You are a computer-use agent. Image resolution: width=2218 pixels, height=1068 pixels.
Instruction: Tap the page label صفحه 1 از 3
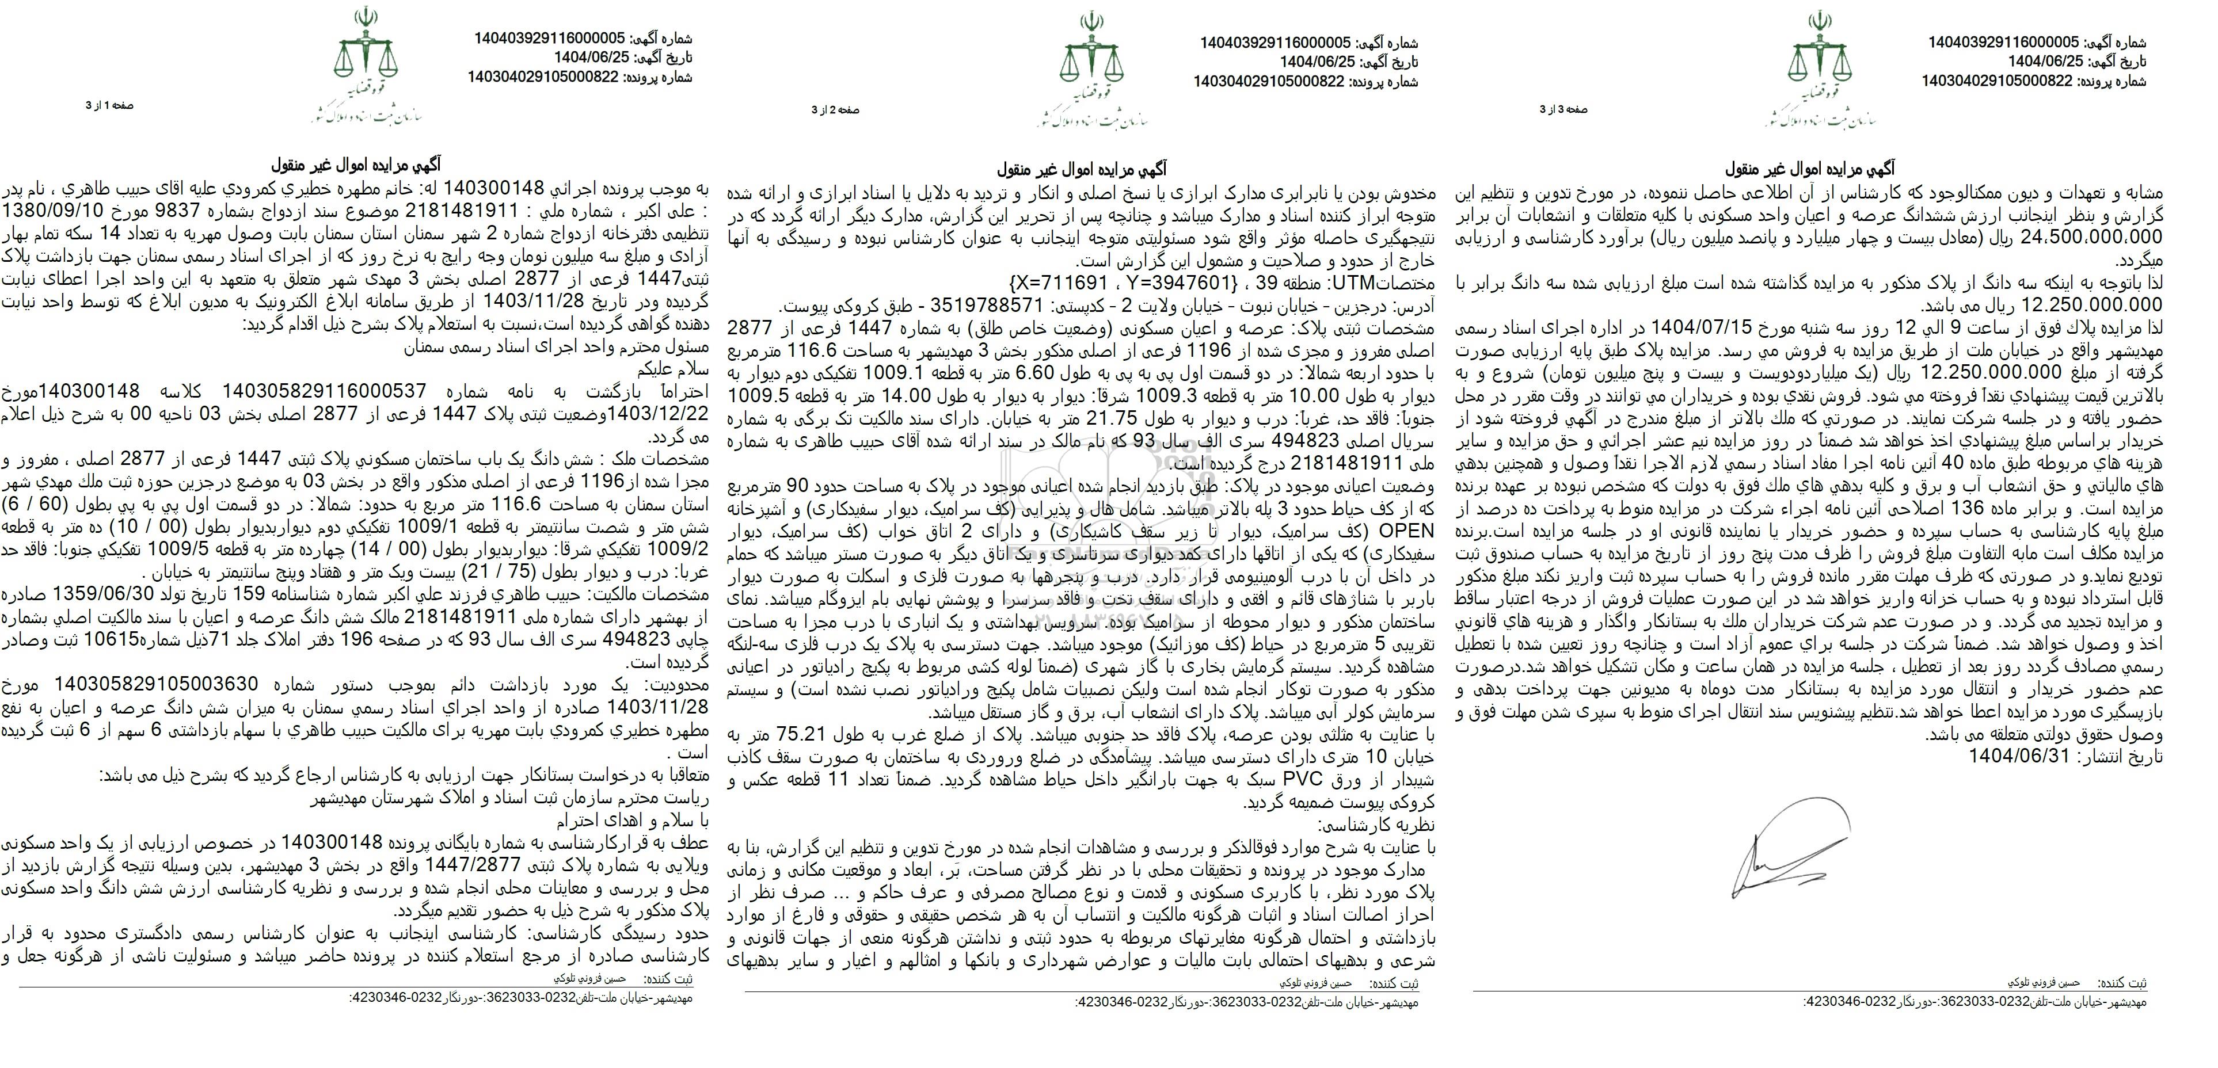point(109,105)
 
